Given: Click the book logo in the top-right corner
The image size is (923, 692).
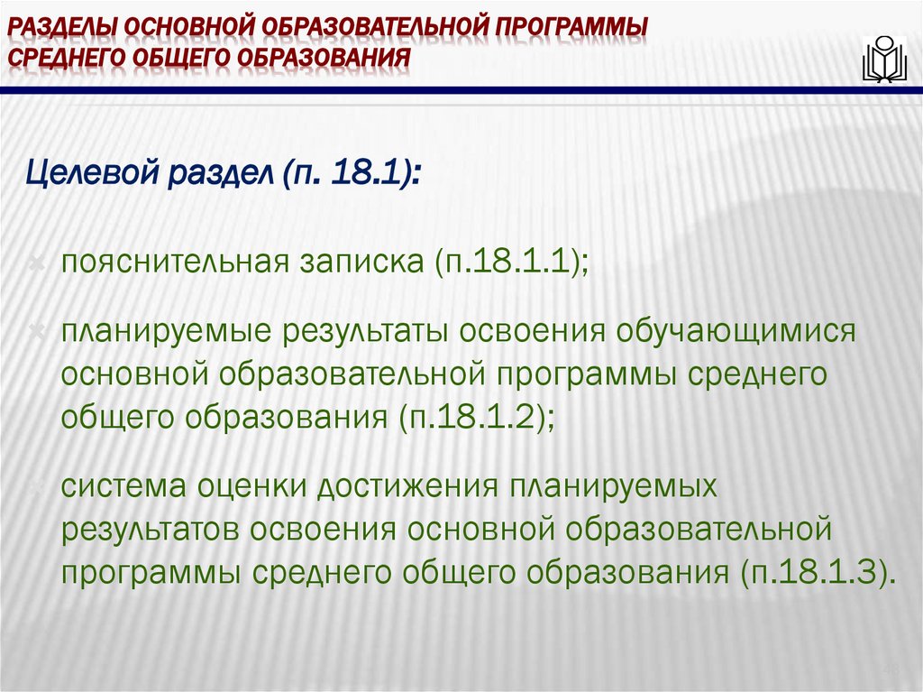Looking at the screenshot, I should click(x=883, y=60).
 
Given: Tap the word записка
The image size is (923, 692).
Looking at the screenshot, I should click(x=356, y=263).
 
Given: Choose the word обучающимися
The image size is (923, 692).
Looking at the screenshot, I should click(x=734, y=331).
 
